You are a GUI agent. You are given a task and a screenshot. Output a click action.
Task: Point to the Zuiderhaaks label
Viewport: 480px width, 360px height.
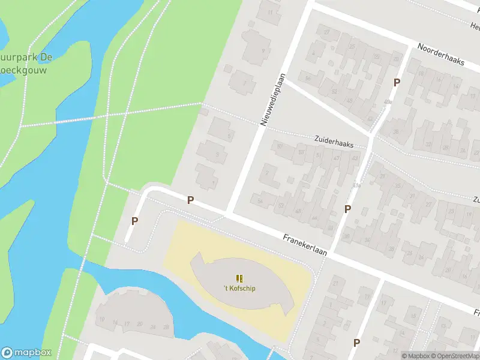[x=334, y=141]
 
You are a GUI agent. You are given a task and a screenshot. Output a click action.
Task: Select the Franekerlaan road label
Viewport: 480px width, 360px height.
[x=305, y=245]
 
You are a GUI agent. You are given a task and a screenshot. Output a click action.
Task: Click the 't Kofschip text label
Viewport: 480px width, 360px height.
[x=239, y=289]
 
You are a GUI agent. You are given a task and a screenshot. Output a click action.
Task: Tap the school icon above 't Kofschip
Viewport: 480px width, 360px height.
[x=239, y=278]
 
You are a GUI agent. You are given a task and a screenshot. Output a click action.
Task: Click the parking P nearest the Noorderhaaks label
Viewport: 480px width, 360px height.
[x=397, y=82]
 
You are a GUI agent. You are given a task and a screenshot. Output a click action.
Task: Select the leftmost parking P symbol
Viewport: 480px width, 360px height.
[x=135, y=221]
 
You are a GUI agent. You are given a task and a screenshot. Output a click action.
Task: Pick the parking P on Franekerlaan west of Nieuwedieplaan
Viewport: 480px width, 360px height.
[x=191, y=200]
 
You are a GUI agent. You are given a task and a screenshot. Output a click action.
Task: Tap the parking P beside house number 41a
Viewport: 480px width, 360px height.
[x=347, y=209]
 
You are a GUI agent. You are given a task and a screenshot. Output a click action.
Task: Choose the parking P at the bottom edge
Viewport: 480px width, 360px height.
[x=356, y=343]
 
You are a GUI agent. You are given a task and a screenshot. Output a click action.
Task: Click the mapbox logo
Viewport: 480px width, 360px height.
[x=26, y=353]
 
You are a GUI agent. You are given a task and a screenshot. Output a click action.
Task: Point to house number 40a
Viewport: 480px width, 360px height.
[x=388, y=103]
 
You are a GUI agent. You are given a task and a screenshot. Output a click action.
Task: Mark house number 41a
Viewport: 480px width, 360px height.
[x=358, y=185]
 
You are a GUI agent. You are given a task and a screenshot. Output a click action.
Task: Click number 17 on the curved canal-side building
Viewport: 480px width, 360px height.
[x=127, y=324]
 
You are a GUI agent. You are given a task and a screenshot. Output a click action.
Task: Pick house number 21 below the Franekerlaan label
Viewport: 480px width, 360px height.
[x=335, y=283]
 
